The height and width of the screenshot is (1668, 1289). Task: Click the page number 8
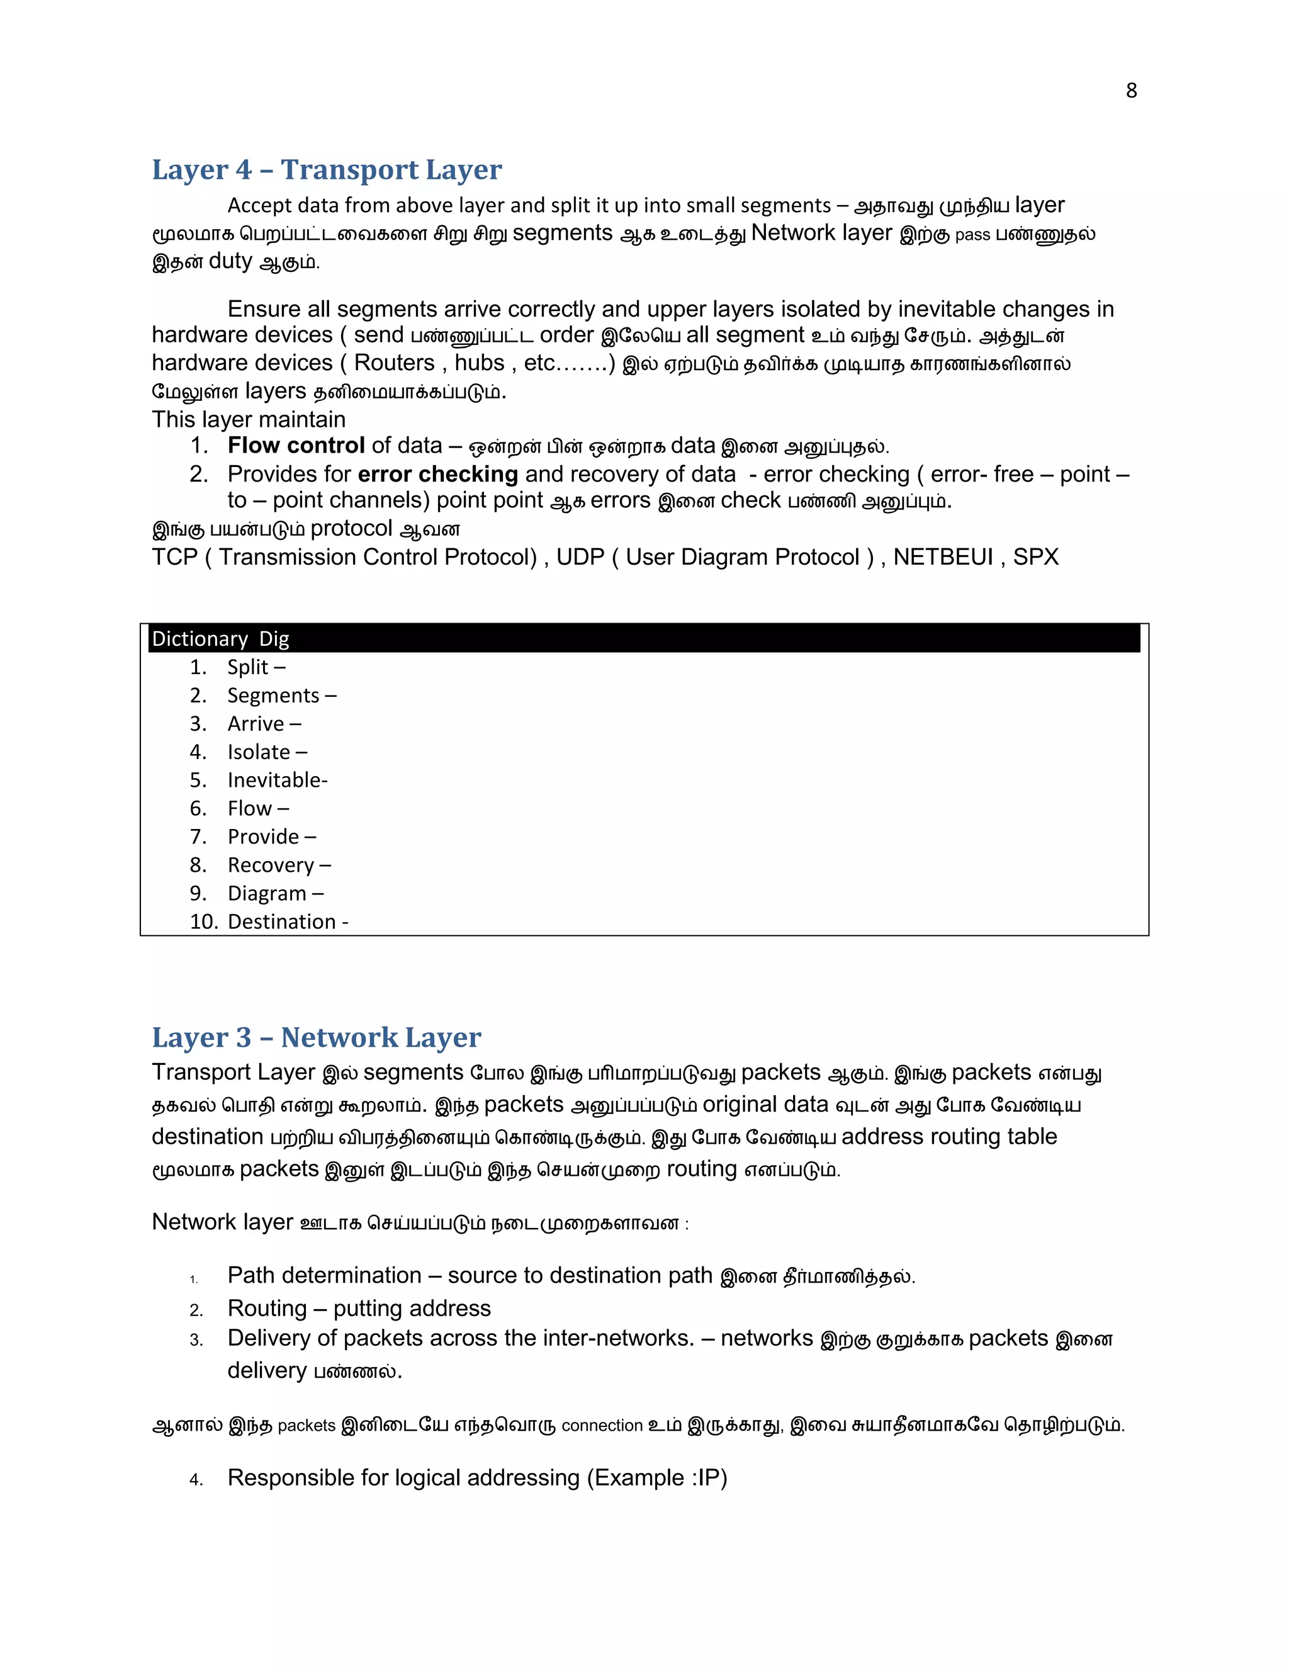(x=1131, y=91)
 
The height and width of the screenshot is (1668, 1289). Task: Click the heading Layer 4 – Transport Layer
(x=327, y=169)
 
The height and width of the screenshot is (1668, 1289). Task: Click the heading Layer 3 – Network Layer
(x=316, y=1037)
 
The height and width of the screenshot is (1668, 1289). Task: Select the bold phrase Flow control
(x=296, y=445)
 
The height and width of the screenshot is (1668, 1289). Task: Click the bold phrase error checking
(x=437, y=475)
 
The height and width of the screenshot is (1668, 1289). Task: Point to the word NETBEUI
(x=943, y=557)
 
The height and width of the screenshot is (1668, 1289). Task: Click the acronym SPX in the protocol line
(x=1035, y=557)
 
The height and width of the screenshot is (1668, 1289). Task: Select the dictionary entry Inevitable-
(x=277, y=780)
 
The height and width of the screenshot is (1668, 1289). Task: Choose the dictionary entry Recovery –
(x=279, y=865)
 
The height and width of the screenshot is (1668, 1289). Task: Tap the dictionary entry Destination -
(x=288, y=922)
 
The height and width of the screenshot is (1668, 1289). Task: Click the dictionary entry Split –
(x=256, y=667)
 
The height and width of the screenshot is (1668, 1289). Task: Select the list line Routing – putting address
(x=359, y=1309)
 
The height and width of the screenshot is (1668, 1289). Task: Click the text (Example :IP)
(x=656, y=1478)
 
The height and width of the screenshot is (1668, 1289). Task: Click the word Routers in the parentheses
(x=394, y=363)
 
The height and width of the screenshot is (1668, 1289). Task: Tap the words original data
(x=765, y=1105)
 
